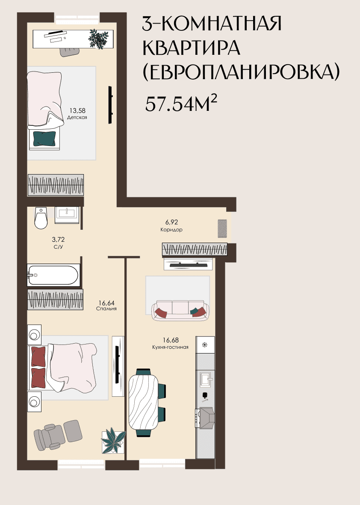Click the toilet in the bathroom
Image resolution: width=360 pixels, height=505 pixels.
pos(41,218)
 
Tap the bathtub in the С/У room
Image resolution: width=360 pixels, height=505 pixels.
pos(53,275)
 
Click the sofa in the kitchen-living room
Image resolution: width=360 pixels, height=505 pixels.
pos(180,310)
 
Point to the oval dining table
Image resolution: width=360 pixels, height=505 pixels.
pos(144,402)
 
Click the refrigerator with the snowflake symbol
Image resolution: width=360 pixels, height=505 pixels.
pos(205,345)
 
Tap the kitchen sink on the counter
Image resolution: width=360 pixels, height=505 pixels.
pos(205,380)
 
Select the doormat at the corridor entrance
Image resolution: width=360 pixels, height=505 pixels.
pos(222,229)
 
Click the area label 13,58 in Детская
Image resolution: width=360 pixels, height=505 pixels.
pos(77,111)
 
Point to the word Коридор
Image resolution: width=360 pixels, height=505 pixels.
pos(171,230)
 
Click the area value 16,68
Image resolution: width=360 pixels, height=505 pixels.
pos(171,340)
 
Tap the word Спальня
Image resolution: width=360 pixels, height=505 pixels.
pos(106,309)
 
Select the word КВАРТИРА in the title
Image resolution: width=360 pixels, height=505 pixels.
pos(192,48)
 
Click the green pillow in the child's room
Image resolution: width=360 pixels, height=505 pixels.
pos(44,138)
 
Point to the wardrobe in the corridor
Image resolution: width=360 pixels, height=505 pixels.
pos(195,249)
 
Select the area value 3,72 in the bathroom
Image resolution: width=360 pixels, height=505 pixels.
pos(58,239)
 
